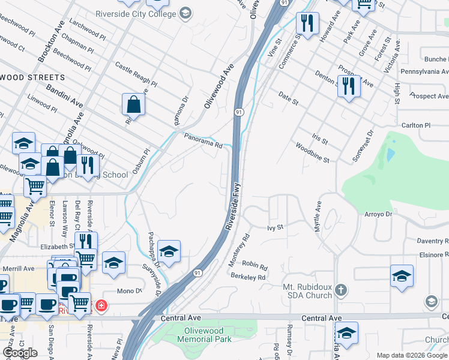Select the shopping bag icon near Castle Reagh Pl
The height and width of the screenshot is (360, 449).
click(133, 104)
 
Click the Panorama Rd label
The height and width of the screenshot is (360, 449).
click(203, 140)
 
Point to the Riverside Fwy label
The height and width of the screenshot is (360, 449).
click(233, 205)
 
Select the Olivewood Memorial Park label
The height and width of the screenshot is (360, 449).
click(204, 335)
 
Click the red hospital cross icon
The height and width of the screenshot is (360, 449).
click(101, 305)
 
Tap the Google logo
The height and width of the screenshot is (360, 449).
click(20, 353)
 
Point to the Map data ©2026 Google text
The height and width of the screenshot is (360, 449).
click(412, 355)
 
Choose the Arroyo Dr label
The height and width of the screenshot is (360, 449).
click(378, 214)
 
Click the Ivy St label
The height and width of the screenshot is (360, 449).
click(274, 228)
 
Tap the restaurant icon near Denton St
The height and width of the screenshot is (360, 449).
click(348, 85)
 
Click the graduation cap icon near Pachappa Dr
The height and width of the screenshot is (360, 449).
click(169, 251)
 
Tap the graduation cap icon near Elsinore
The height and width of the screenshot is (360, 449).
click(402, 275)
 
